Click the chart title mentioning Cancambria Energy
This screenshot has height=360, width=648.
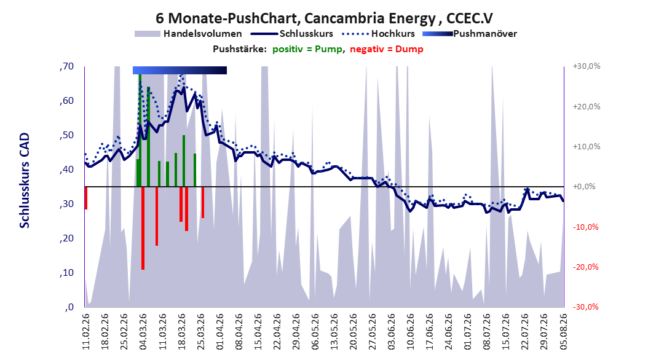pyautogui.click(x=324, y=18)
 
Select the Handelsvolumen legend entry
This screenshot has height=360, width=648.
pyautogui.click(x=188, y=34)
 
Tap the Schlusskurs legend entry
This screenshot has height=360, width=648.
pyautogui.click(x=292, y=34)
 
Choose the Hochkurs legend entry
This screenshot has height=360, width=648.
pyautogui.click(x=379, y=34)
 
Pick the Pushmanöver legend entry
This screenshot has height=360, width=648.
pyautogui.click(x=470, y=34)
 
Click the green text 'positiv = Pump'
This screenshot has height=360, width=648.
pyautogui.click(x=307, y=49)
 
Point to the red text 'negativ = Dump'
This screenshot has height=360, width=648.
pyautogui.click(x=387, y=49)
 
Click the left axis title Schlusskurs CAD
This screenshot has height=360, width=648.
pyautogui.click(x=25, y=181)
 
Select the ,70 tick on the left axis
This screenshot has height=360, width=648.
pyautogui.click(x=66, y=66)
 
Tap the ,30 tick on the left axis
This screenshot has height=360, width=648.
pyautogui.click(x=66, y=204)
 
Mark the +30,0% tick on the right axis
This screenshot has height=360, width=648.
pyautogui.click(x=587, y=66)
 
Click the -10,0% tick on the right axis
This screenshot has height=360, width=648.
pyautogui.click(x=585, y=227)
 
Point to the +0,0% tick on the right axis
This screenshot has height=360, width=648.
pyautogui.click(x=584, y=187)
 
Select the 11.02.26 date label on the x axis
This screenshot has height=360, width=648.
pyautogui.click(x=86, y=332)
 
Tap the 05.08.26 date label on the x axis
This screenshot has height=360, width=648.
pyautogui.click(x=563, y=332)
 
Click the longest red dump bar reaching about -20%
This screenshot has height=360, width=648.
pyautogui.click(x=143, y=228)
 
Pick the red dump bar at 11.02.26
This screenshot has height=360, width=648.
pyautogui.click(x=86, y=198)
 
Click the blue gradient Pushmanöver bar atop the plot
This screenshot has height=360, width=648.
pyautogui.click(x=180, y=70)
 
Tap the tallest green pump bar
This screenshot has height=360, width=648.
pyautogui.click(x=140, y=130)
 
